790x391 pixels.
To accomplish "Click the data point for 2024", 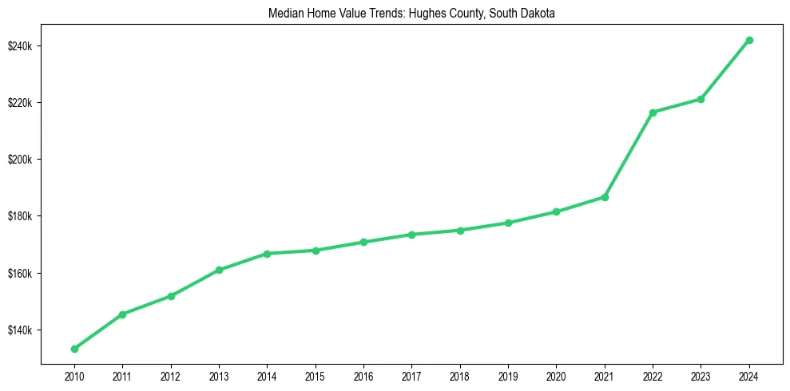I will click(x=749, y=40).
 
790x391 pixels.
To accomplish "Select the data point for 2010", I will click(x=74, y=349).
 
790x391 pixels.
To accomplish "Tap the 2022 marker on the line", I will click(x=653, y=113).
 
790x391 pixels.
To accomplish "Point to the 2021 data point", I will click(x=605, y=197).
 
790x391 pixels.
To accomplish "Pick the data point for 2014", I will click(x=267, y=254).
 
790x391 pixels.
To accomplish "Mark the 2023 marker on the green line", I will click(x=701, y=99).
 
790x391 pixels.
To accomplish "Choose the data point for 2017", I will click(x=411, y=235).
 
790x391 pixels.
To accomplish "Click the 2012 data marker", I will click(x=170, y=296).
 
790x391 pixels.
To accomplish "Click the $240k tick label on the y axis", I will click(x=20, y=46).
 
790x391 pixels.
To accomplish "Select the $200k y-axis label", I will click(x=20, y=160).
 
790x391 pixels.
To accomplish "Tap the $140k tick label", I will click(x=20, y=330).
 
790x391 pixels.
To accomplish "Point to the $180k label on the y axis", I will click(x=20, y=216).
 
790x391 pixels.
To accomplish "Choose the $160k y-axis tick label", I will click(x=20, y=274).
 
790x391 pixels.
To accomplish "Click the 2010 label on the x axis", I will click(x=74, y=376).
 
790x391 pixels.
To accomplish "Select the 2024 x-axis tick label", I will click(x=749, y=376).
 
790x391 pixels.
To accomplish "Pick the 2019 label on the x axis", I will click(x=508, y=376).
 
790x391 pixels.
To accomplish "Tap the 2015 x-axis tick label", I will click(x=315, y=376).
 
